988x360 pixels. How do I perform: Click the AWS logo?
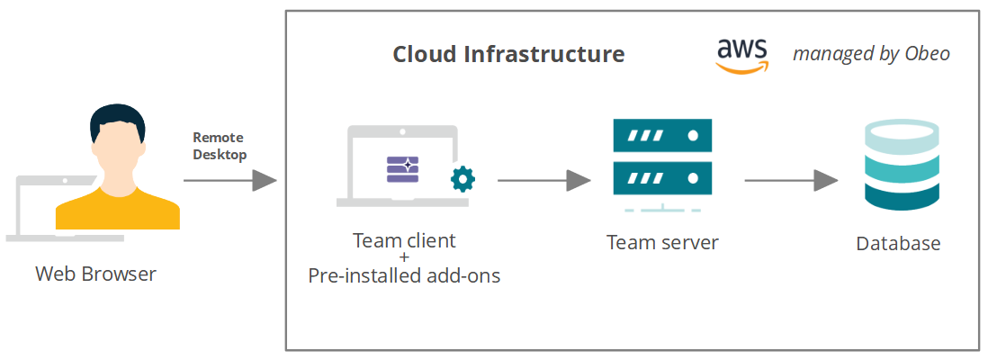(x=743, y=57)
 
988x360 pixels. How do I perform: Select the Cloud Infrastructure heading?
(x=508, y=54)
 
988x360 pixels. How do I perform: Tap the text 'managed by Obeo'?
(x=870, y=54)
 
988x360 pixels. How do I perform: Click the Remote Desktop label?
(x=220, y=146)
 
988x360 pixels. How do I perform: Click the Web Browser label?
(x=95, y=274)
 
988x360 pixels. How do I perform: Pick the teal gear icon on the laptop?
(x=463, y=178)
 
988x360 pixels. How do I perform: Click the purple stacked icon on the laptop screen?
(x=403, y=169)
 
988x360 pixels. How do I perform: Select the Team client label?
(x=404, y=240)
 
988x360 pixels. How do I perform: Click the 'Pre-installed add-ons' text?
(x=404, y=275)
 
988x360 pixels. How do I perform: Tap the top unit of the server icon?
(x=662, y=137)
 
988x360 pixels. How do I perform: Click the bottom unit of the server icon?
(x=662, y=177)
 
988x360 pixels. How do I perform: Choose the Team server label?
(x=662, y=242)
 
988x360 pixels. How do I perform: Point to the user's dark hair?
(x=117, y=118)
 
